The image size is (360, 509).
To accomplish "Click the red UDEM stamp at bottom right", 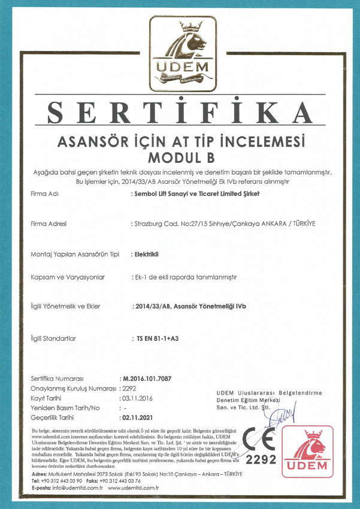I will point(310,451).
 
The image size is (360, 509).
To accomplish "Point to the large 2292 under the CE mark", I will point(261,461).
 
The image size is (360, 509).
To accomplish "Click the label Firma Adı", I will point(45,195).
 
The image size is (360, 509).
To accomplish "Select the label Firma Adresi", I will point(49,224).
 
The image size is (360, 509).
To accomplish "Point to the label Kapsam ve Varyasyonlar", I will point(68,278).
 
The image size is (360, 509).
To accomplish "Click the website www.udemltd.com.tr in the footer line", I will point(132,488).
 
